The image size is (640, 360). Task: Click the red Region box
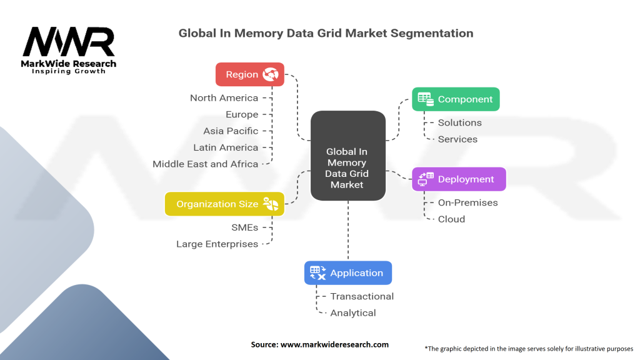point(250,74)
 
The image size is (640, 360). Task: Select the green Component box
point(456,99)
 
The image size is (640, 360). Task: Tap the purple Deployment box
point(459,179)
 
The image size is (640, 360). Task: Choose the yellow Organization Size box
point(224,204)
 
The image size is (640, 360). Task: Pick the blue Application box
point(348,272)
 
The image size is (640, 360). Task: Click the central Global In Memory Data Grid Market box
point(347,156)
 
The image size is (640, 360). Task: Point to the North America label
point(224,97)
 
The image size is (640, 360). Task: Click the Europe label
point(242,114)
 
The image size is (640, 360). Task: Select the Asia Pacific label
point(231,131)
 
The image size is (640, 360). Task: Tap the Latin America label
point(226,147)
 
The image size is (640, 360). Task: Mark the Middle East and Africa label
point(206,164)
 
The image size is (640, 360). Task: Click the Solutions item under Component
point(459,122)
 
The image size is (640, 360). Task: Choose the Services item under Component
point(457,139)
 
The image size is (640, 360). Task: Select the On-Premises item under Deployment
point(467,202)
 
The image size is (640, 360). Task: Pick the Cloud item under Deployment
point(451,219)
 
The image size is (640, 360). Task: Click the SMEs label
point(244,227)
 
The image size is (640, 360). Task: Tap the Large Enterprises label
point(217,244)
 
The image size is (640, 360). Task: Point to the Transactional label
point(362,296)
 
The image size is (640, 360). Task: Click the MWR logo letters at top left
point(69,42)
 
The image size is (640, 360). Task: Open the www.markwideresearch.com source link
point(334,344)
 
